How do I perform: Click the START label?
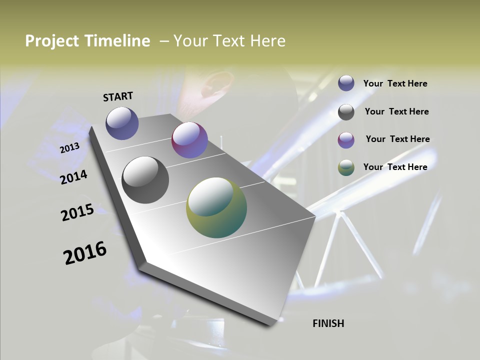[118, 96]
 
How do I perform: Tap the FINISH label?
[328, 323]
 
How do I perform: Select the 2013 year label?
[70, 148]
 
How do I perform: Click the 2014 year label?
[74, 177]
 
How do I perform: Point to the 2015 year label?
[77, 212]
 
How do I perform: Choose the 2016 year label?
[85, 253]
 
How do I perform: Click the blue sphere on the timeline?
[122, 123]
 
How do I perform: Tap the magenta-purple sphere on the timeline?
[189, 140]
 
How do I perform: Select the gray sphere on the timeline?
[145, 180]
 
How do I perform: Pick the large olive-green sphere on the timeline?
[216, 207]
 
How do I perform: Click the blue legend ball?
[346, 83]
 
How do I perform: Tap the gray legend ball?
[346, 112]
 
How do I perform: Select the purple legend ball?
[346, 140]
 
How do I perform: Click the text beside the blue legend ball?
[395, 84]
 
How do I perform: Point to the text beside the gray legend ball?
[397, 111]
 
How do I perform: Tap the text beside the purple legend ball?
[398, 139]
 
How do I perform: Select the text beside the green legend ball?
[395, 167]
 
